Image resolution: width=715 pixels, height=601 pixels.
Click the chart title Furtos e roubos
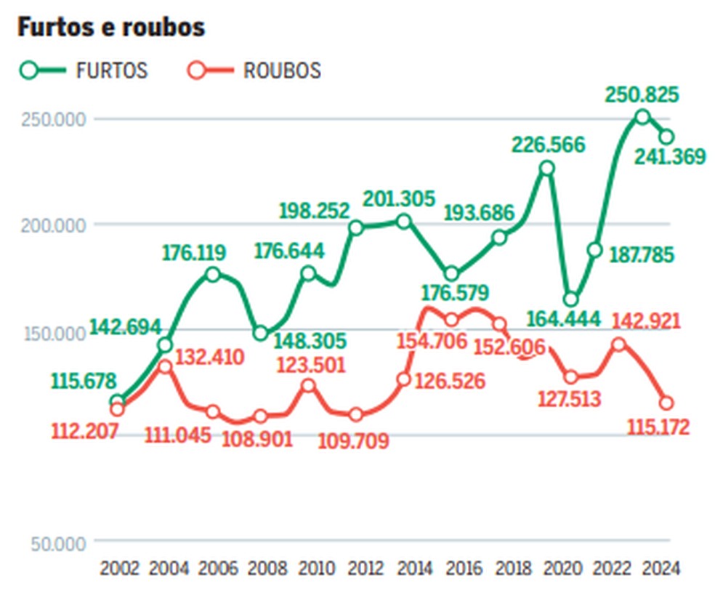[111, 28]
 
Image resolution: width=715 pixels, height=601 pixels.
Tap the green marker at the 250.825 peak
[642, 116]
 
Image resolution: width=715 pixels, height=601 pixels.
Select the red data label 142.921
[646, 320]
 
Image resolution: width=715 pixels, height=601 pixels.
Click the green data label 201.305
[400, 198]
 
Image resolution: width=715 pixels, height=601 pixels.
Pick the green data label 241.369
[668, 156]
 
